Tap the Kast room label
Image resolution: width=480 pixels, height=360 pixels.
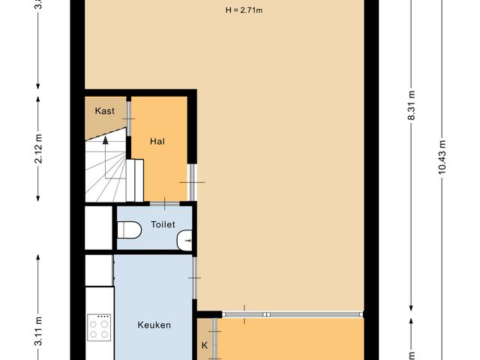(104, 111)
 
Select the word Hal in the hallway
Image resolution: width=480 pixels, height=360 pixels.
(157, 141)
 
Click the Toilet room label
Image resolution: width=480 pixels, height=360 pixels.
(163, 224)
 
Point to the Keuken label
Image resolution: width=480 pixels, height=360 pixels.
(154, 325)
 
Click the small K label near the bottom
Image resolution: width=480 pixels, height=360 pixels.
(205, 346)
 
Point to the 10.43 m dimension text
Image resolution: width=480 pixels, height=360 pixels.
(442, 157)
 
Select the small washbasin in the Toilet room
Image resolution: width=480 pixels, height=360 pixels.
(184, 241)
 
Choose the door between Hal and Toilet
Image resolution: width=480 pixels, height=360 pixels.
(164, 202)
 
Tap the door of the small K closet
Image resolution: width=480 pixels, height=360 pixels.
(214, 330)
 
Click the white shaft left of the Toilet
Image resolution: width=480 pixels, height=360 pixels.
(98, 226)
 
